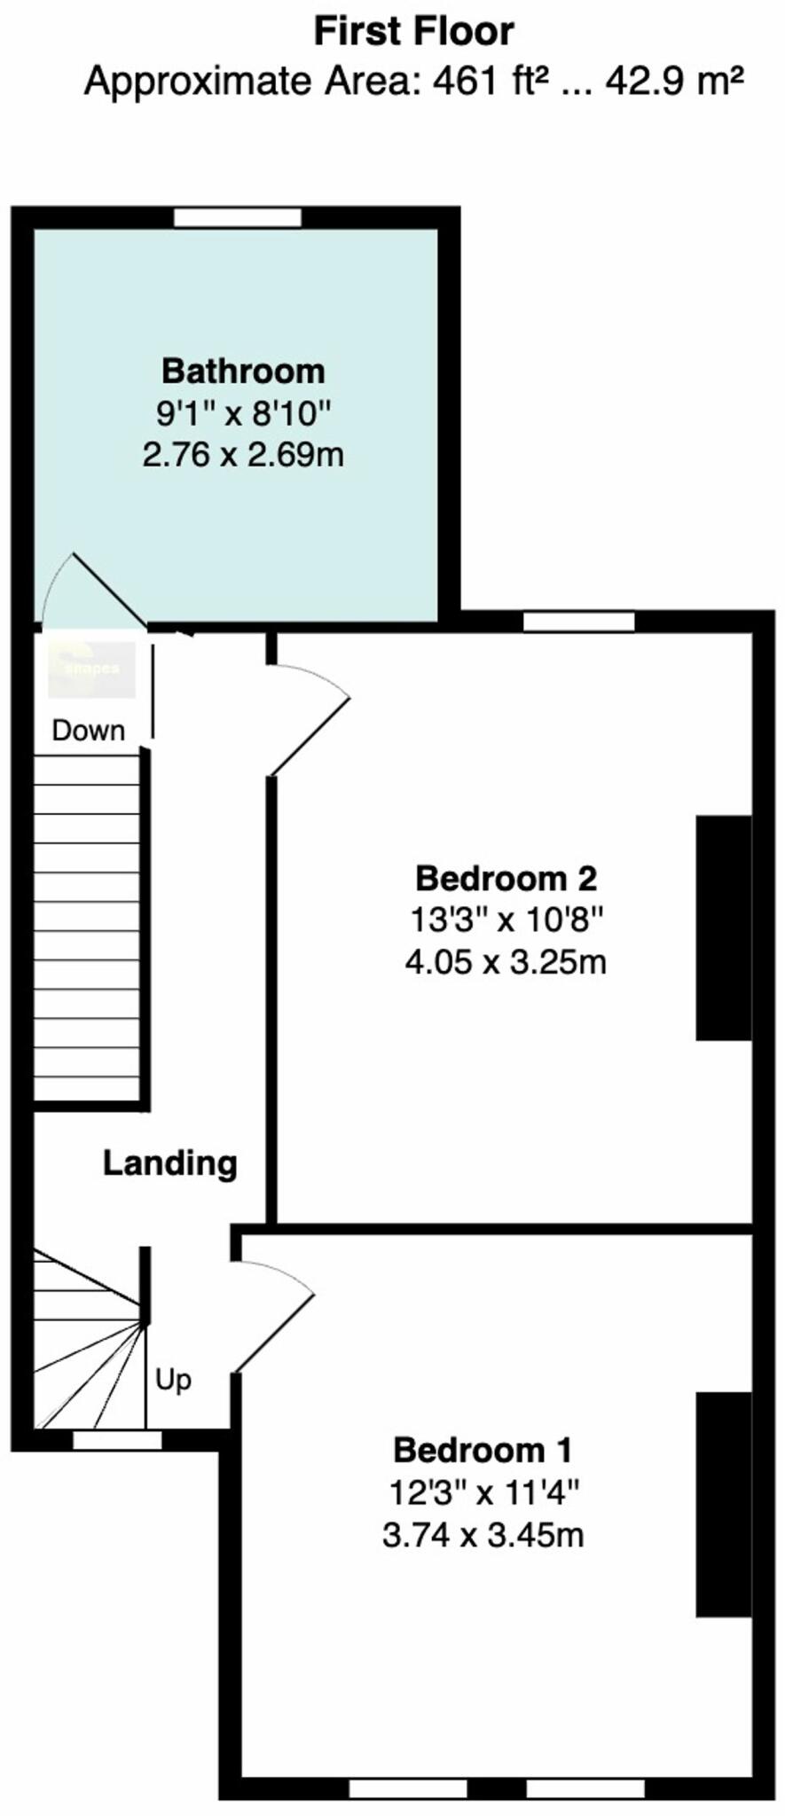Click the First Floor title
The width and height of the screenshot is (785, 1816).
[413, 33]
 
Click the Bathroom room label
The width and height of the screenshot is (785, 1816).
[243, 370]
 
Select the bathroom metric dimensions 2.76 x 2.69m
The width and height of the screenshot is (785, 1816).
[243, 455]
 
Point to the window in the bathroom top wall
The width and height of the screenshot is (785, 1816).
[238, 217]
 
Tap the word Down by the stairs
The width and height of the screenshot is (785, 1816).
[88, 731]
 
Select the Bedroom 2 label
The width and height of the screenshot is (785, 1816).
[506, 878]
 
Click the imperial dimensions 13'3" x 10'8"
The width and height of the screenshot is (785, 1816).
[506, 920]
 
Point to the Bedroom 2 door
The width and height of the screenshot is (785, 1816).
[309, 723]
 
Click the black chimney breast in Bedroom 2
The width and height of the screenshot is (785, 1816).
[724, 927]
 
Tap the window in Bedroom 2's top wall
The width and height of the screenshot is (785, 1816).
[578, 622]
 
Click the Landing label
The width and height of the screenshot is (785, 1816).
[169, 1162]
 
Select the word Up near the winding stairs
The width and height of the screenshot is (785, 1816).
[173, 1380]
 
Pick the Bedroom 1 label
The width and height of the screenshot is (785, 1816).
[483, 1450]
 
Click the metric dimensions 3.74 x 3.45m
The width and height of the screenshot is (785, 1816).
[483, 1535]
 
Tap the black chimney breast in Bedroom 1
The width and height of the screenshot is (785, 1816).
[724, 1504]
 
